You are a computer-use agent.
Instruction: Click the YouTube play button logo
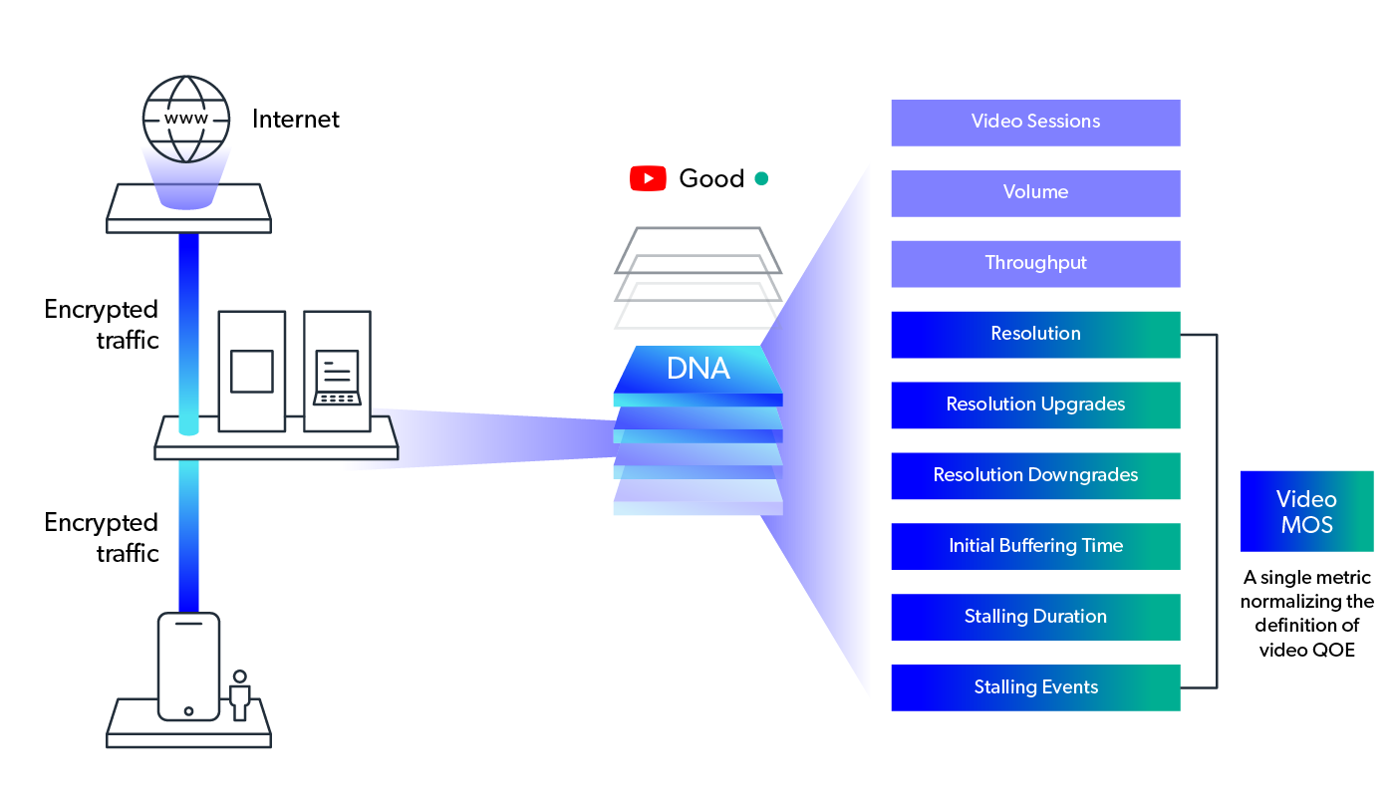648,178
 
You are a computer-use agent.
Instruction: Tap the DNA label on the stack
697,369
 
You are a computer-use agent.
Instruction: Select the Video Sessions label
1035,122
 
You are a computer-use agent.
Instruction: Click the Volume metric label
1035,192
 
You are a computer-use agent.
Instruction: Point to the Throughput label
1035,263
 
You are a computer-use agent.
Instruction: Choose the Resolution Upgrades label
1035,404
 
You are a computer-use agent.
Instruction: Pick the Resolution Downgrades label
1035,475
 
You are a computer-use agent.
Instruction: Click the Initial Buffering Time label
1035,546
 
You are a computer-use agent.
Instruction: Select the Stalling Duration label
1035,617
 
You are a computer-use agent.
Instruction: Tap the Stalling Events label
1035,687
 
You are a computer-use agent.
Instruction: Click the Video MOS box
1306,513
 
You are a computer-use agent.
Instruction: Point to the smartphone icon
188,666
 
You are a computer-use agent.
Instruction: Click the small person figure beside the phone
239,695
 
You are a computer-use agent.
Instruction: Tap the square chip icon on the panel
251,372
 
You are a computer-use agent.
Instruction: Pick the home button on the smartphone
188,711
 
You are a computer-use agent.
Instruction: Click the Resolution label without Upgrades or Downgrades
1035,334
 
